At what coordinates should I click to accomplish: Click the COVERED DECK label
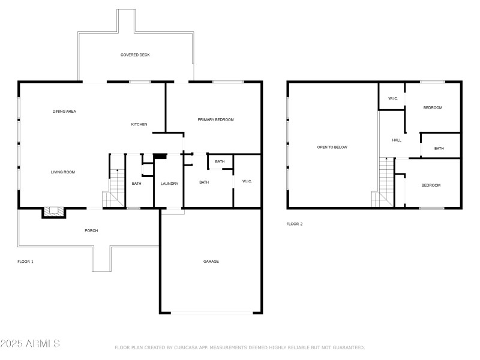coord(135,55)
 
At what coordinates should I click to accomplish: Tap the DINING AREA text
coord(64,111)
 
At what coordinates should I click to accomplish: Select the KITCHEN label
coord(139,124)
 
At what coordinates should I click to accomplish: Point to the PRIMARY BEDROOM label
coord(215,119)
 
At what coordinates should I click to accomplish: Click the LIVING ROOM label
coord(62,172)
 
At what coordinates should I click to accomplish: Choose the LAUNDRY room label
coord(169,183)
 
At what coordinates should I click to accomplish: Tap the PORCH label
coord(91,230)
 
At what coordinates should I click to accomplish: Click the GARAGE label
coord(211,261)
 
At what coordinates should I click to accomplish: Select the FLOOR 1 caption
coord(25,262)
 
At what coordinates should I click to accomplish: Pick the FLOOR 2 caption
coord(295,224)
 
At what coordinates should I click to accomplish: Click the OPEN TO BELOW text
coord(332,147)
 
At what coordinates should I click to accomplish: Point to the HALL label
coord(397,140)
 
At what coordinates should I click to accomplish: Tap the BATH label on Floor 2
coord(439,148)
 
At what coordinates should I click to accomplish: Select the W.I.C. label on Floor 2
coord(393,98)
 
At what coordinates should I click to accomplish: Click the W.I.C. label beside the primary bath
coord(247,181)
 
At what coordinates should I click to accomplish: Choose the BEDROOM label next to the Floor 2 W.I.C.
coord(433,107)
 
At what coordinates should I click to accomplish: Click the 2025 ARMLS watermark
coord(30,344)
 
